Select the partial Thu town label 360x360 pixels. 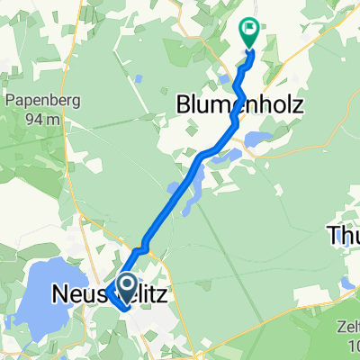coord(342,236)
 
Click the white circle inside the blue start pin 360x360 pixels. coord(125,285)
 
